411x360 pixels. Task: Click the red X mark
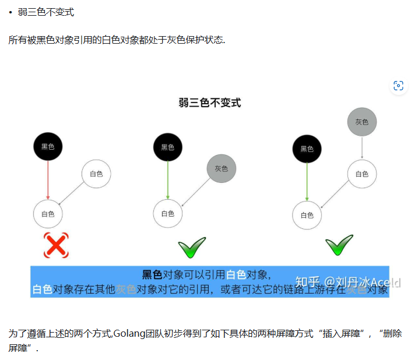[56, 245]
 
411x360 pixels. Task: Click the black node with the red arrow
[48, 147]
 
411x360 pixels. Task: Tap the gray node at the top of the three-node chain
[362, 122]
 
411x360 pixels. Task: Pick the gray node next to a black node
[222, 168]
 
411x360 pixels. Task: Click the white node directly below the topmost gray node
[362, 174]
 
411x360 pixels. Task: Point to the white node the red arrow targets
[48, 214]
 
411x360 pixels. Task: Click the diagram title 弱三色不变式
[210, 103]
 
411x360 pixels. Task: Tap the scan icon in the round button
[398, 86]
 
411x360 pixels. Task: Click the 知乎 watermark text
[307, 282]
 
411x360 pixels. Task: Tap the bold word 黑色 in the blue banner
[152, 275]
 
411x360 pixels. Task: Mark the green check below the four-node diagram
[339, 245]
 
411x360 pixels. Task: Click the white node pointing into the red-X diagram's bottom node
[96, 174]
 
